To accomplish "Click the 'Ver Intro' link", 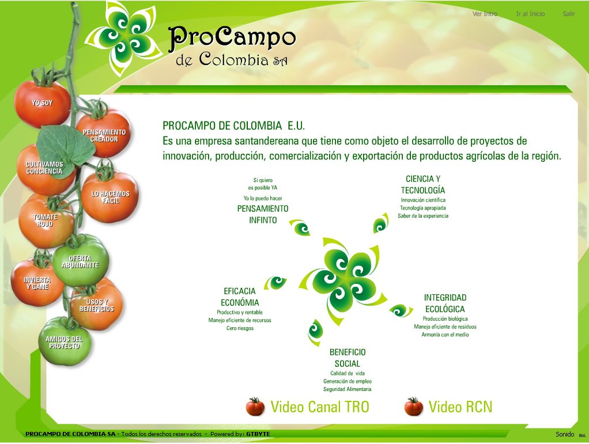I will pyautogui.click(x=485, y=14).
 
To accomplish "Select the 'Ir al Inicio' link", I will pyautogui.click(x=530, y=14).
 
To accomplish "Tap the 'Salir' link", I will pyautogui.click(x=569, y=14).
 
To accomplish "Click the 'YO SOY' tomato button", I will pyautogui.click(x=42, y=103).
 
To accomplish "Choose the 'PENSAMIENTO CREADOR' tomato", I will pyautogui.click(x=104, y=136).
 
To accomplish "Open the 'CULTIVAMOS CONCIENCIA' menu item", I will pyautogui.click(x=44, y=168).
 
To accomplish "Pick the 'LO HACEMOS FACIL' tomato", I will pyautogui.click(x=111, y=198).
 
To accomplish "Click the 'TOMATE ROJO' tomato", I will pyautogui.click(x=45, y=221).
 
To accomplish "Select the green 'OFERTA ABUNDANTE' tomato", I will pyautogui.click(x=80, y=262).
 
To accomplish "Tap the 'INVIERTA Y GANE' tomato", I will pyautogui.click(x=37, y=283).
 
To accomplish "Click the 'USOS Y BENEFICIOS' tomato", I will pyautogui.click(x=96, y=306).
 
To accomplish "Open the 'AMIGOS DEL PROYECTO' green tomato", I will pyautogui.click(x=64, y=343).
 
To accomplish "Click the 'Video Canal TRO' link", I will pyautogui.click(x=319, y=407).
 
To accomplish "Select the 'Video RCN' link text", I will pyautogui.click(x=460, y=407).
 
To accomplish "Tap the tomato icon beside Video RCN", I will pyautogui.click(x=413, y=407).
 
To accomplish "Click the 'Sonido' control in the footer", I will pyautogui.click(x=565, y=434).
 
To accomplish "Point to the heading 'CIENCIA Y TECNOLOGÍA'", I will pyautogui.click(x=423, y=184).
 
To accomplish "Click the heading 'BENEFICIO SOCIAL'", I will pyautogui.click(x=348, y=358).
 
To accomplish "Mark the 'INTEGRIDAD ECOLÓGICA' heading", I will pyautogui.click(x=445, y=303).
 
